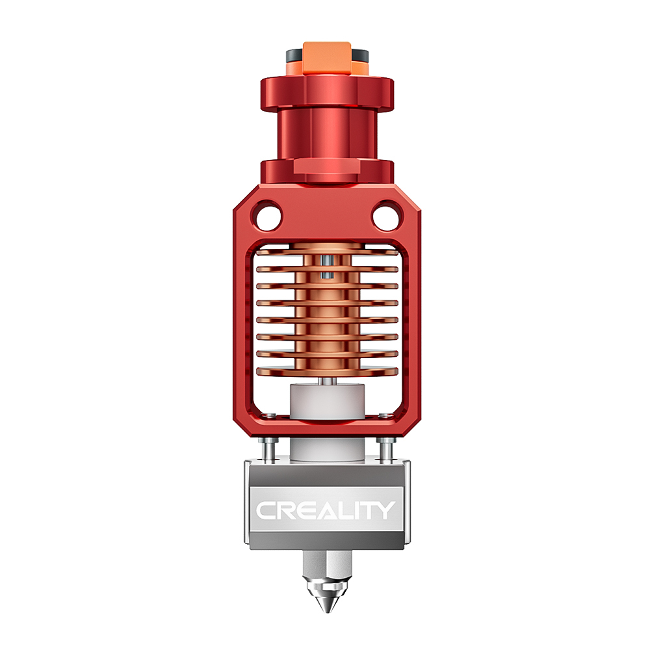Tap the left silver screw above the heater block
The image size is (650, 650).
[268, 448]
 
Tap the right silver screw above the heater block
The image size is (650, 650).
[384, 448]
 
